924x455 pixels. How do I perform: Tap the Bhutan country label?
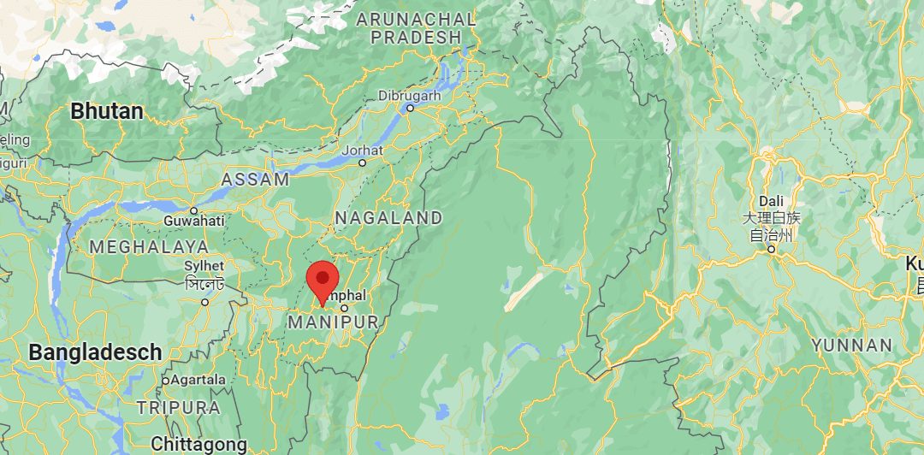click(107, 110)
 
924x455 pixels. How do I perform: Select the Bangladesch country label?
click(94, 352)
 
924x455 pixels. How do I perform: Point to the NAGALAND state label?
click(388, 218)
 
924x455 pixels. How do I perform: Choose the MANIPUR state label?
click(333, 322)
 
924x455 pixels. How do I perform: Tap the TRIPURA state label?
click(178, 407)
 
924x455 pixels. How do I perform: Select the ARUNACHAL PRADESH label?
click(416, 28)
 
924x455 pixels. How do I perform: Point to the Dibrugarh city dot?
click(410, 108)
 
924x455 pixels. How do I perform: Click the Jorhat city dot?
click(362, 162)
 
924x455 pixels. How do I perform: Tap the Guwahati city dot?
click(194, 210)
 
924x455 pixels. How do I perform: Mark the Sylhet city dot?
click(205, 302)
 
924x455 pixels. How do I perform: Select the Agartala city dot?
click(165, 380)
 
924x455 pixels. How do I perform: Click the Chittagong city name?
click(198, 444)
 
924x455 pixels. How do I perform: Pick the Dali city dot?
click(771, 250)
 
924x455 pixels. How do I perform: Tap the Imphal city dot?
click(345, 308)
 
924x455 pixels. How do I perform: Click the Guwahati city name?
click(195, 222)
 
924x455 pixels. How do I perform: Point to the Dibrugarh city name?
click(409, 96)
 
